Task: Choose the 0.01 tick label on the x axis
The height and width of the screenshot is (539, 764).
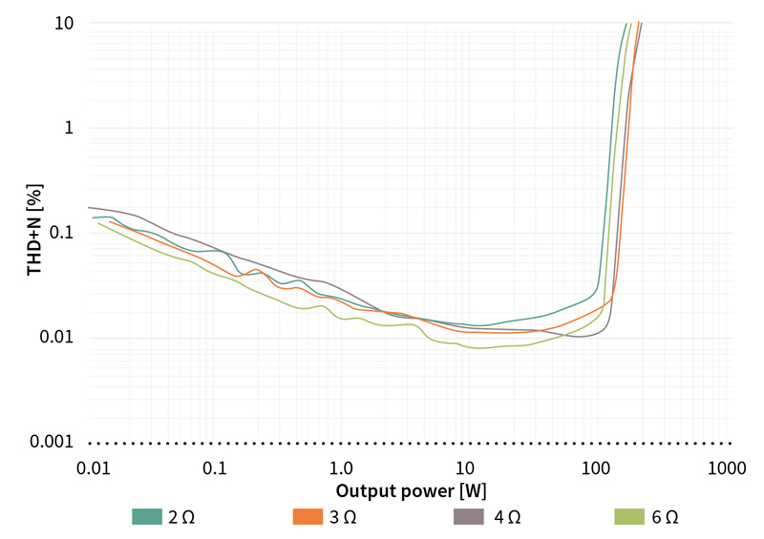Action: pyautogui.click(x=93, y=468)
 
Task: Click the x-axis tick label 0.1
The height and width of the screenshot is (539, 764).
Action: pyautogui.click(x=216, y=468)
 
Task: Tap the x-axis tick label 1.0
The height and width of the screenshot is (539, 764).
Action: pyautogui.click(x=340, y=468)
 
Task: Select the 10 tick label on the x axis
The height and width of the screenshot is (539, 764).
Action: pyautogui.click(x=464, y=468)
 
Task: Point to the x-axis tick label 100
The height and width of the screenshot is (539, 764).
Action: pyautogui.click(x=596, y=468)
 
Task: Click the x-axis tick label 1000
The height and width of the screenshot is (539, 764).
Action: pyautogui.click(x=727, y=468)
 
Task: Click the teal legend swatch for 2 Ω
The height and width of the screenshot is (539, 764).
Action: pyautogui.click(x=147, y=517)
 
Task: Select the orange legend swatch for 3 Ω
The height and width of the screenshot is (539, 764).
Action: pyautogui.click(x=307, y=517)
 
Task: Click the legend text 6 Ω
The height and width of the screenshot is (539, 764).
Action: pyautogui.click(x=667, y=517)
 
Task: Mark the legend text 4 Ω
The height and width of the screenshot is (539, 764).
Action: pyautogui.click(x=507, y=517)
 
